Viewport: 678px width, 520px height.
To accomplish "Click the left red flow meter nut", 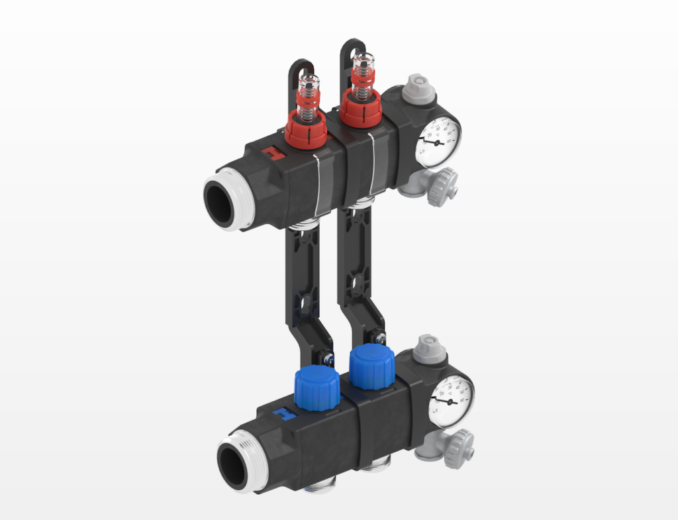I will pos(306,131).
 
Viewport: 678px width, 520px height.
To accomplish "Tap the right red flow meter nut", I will pos(361,111).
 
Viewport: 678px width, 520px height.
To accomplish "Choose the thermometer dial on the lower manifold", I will pos(451,399).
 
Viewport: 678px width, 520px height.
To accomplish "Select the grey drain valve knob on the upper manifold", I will pos(442,187).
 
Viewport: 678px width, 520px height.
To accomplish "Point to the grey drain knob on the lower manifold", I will pos(458,448).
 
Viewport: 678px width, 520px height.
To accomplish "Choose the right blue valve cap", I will pos(371,366).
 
